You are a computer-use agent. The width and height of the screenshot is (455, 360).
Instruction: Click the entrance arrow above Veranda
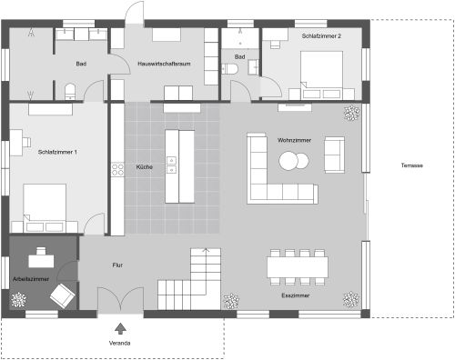tap(119, 326)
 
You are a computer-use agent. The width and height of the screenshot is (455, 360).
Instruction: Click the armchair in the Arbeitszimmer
tap(61, 294)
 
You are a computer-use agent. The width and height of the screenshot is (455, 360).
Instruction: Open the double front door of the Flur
tap(119, 302)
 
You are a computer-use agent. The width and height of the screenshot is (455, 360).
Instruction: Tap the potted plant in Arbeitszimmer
tap(18, 299)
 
